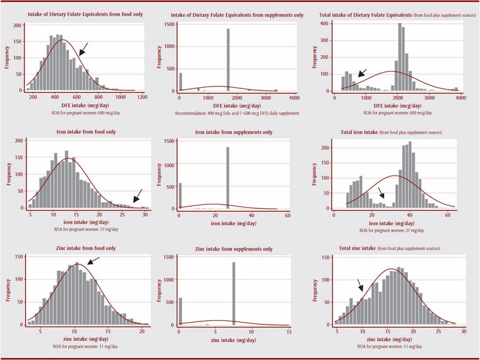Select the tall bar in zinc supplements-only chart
click(234, 294)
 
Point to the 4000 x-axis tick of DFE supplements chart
click(294, 99)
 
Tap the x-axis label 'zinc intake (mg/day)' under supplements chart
click(234, 340)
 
